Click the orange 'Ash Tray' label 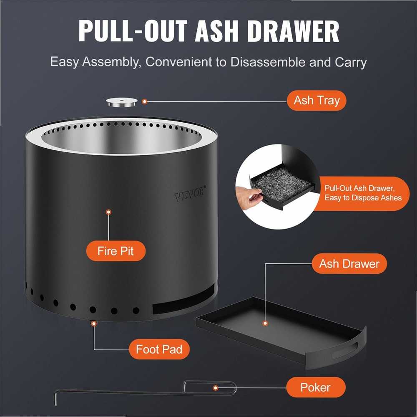pyautogui.click(x=317, y=101)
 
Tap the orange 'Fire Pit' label pyautogui.click(x=116, y=251)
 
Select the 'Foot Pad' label pyautogui.click(x=159, y=349)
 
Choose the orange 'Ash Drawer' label pyautogui.click(x=349, y=264)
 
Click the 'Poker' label pyautogui.click(x=316, y=387)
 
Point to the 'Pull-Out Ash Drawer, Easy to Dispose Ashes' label pyautogui.click(x=363, y=193)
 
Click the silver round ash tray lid pyautogui.click(x=122, y=103)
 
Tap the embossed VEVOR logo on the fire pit pyautogui.click(x=190, y=194)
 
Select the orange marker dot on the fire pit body pyautogui.click(x=108, y=212)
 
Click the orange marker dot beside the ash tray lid pyautogui.click(x=144, y=101)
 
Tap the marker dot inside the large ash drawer pyautogui.click(x=265, y=323)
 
